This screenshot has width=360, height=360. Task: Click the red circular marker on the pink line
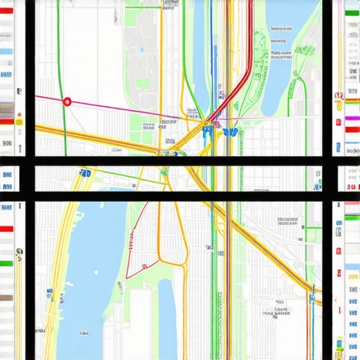click(67, 101)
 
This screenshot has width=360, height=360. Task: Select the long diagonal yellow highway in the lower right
click(274, 253)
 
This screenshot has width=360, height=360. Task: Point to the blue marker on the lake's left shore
click(51, 290)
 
